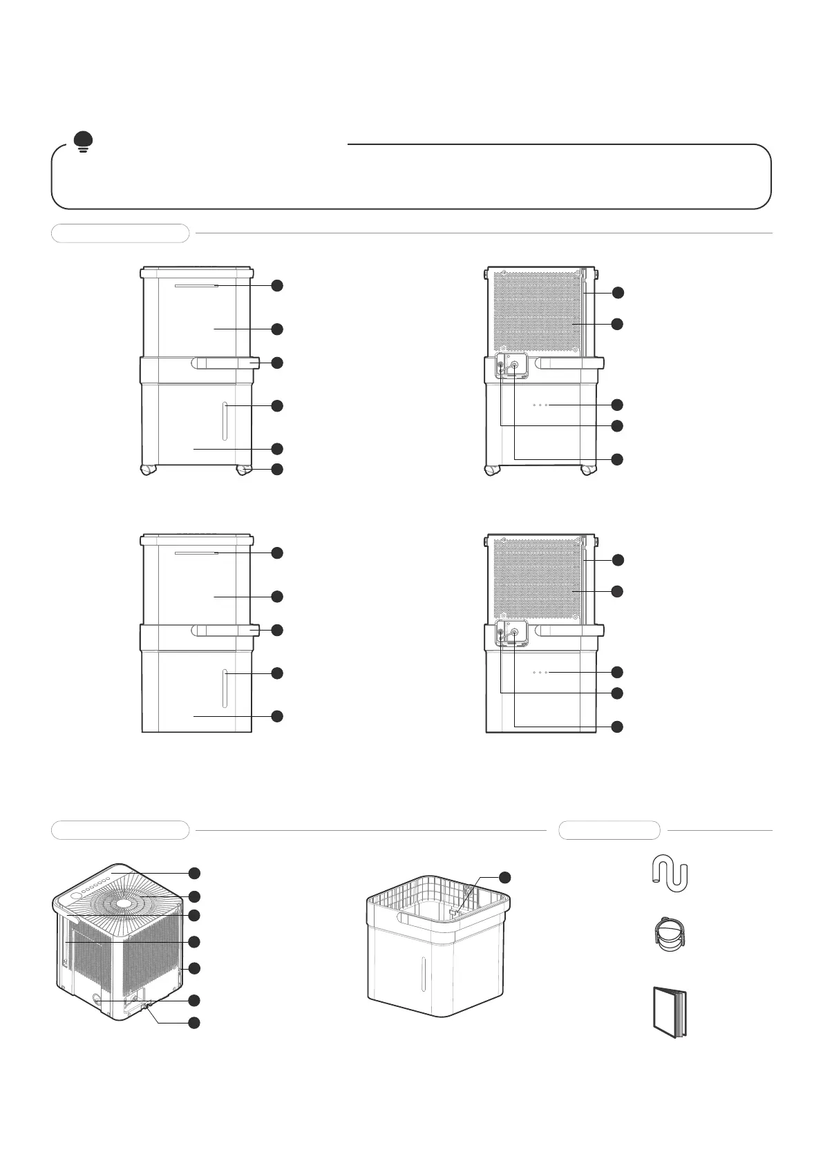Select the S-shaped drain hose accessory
[670, 872]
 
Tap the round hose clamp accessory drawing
[668, 934]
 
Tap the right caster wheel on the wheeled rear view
[588, 470]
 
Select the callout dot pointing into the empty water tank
[505, 877]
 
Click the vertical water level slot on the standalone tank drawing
[422, 973]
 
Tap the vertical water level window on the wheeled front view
[225, 420]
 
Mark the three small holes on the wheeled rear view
[540, 405]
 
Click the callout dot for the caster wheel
[277, 470]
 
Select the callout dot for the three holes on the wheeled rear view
[618, 405]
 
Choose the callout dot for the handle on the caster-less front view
[277, 631]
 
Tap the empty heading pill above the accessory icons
[609, 830]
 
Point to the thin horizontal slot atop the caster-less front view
[196, 553]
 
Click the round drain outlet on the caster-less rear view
[515, 631]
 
